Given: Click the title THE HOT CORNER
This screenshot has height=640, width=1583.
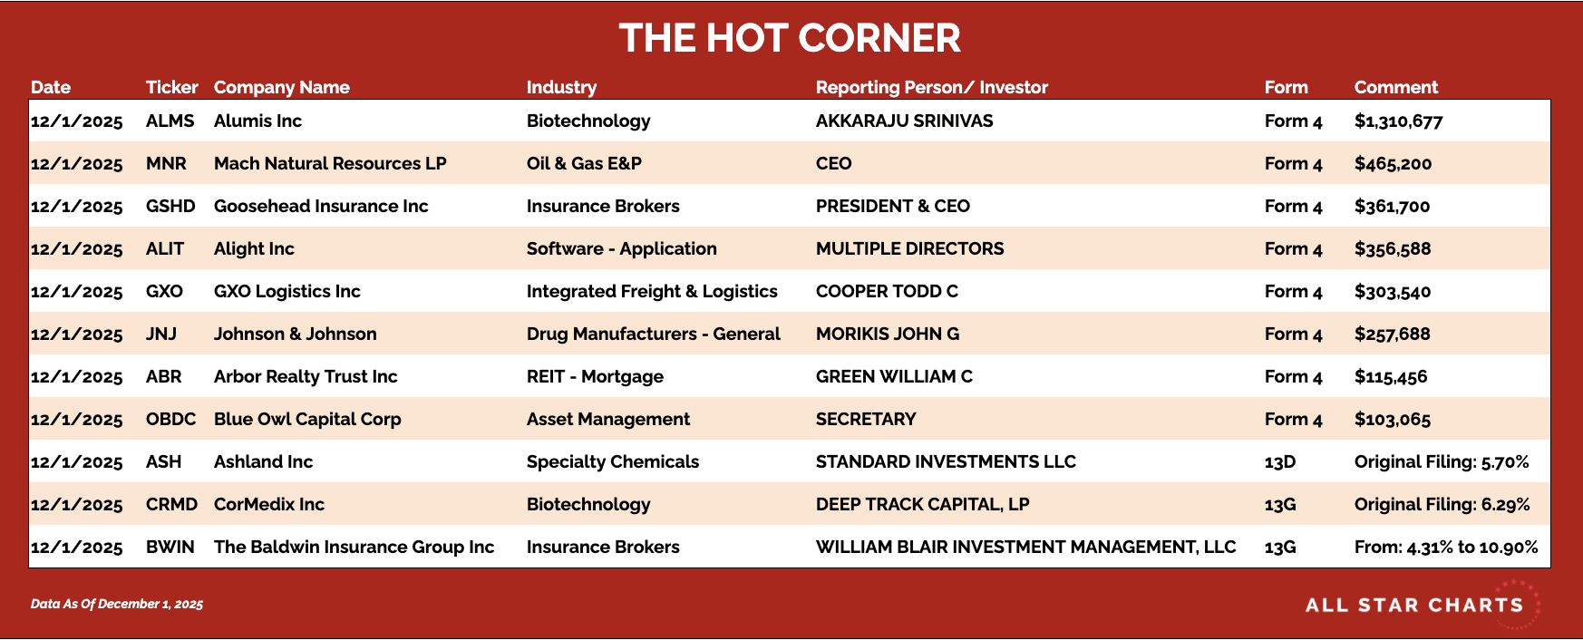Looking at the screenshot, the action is pyautogui.click(x=790, y=38).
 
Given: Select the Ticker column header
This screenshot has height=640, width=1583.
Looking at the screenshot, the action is pyautogui.click(x=171, y=87).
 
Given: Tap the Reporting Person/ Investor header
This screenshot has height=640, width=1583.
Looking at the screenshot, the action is pyautogui.click(x=931, y=87).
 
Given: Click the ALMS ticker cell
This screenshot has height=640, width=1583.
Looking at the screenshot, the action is pyautogui.click(x=170, y=121).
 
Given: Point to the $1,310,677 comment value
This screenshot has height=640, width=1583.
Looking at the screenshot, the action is pyautogui.click(x=1398, y=121).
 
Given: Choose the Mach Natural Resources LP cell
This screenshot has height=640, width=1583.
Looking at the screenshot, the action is pyautogui.click(x=330, y=163).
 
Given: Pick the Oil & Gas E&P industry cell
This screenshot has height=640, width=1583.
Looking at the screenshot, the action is pyautogui.click(x=584, y=163).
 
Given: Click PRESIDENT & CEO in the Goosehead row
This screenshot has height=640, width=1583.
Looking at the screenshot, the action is pyautogui.click(x=892, y=206).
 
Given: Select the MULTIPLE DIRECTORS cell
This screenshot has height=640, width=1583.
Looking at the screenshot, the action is pyautogui.click(x=909, y=248).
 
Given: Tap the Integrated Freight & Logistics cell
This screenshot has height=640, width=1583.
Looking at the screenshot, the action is pyautogui.click(x=652, y=291).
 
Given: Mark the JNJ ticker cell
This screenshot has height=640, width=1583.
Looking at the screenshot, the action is pyautogui.click(x=161, y=334).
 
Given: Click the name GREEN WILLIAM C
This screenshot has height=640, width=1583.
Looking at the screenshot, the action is pyautogui.click(x=894, y=376).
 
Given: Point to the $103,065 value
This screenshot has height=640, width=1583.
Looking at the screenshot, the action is pyautogui.click(x=1392, y=420).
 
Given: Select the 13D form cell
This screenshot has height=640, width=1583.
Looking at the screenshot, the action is pyautogui.click(x=1279, y=461).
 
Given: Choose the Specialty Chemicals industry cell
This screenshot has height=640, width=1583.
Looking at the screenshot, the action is pyautogui.click(x=613, y=461).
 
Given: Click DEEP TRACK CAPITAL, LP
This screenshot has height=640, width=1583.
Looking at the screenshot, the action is pyautogui.click(x=922, y=504).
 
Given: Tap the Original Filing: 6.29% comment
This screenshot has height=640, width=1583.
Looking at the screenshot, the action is pyautogui.click(x=1442, y=504).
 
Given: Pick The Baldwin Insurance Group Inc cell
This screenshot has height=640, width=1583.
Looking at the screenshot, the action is pyautogui.click(x=354, y=547).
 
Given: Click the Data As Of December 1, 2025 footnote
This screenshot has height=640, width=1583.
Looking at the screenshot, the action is pyautogui.click(x=117, y=604).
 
